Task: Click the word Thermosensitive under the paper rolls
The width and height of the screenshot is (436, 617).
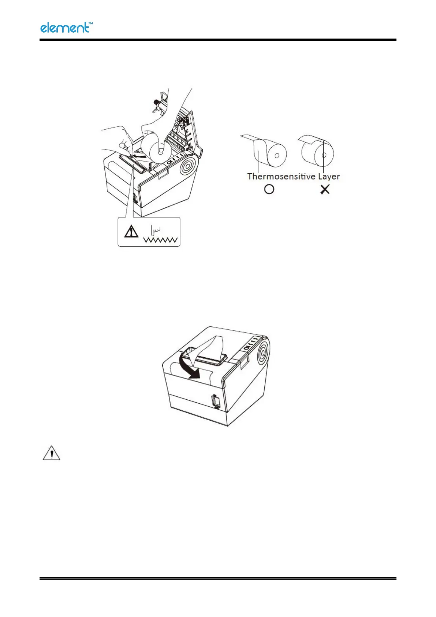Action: pyautogui.click(x=281, y=177)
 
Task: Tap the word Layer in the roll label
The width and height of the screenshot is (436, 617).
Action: pyautogui.click(x=329, y=177)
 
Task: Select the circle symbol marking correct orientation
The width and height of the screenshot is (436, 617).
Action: pyautogui.click(x=269, y=189)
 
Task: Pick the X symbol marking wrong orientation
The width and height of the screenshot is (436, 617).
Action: pyautogui.click(x=325, y=189)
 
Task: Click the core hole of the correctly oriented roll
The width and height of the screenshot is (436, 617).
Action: pyautogui.click(x=277, y=155)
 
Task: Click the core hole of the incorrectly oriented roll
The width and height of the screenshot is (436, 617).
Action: pyautogui.click(x=324, y=155)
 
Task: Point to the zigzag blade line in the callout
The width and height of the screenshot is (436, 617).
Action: pyautogui.click(x=161, y=240)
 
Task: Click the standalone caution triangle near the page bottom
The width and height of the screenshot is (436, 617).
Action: pyautogui.click(x=52, y=453)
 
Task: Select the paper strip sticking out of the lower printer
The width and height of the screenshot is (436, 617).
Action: pyautogui.click(x=207, y=348)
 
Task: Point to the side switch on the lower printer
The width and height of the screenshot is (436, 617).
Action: pyautogui.click(x=216, y=401)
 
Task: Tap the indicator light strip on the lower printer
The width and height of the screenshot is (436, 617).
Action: pyautogui.click(x=251, y=342)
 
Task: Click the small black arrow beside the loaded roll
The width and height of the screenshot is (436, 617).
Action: pyautogui.click(x=138, y=155)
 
